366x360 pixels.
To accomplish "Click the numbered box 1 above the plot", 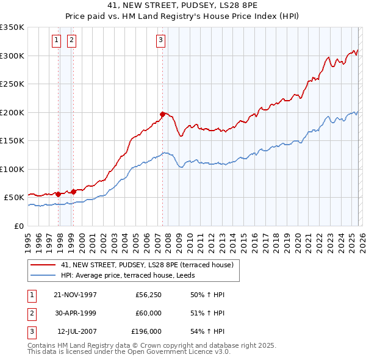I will [x=56, y=40].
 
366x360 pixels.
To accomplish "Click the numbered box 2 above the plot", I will [x=71, y=40].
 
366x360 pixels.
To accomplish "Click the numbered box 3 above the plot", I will [x=160, y=40].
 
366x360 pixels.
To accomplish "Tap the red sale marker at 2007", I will [x=162, y=114].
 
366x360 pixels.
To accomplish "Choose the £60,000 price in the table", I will [x=148, y=313].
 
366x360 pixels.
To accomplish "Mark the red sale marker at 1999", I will [x=73, y=191].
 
